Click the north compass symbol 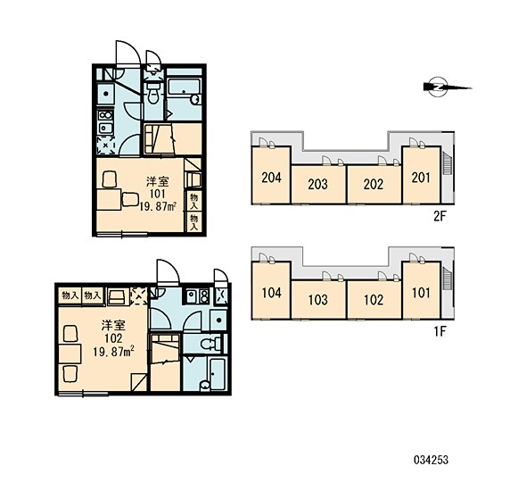pos(438,87)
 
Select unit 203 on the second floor pos(318,185)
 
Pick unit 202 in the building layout pos(374,185)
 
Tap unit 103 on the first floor pos(318,300)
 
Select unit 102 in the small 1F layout pos(374,300)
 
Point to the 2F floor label pos(439,216)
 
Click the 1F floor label pos(439,331)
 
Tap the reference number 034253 pos(431,460)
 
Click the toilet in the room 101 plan pos(153,93)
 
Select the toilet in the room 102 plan pos(210,344)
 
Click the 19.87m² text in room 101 pos(159,206)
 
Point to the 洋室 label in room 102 pos(113,325)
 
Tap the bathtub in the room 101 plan pos(184,87)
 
